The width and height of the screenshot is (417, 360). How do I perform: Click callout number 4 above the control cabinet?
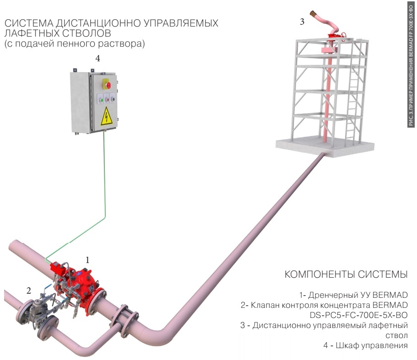coord(97,59)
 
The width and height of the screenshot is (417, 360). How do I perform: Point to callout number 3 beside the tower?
coord(302,21)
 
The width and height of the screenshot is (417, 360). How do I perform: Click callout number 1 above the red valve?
coord(88,260)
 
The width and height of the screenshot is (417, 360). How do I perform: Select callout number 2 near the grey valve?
coord(28,290)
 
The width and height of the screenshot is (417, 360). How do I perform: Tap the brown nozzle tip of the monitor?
coord(314,14)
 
